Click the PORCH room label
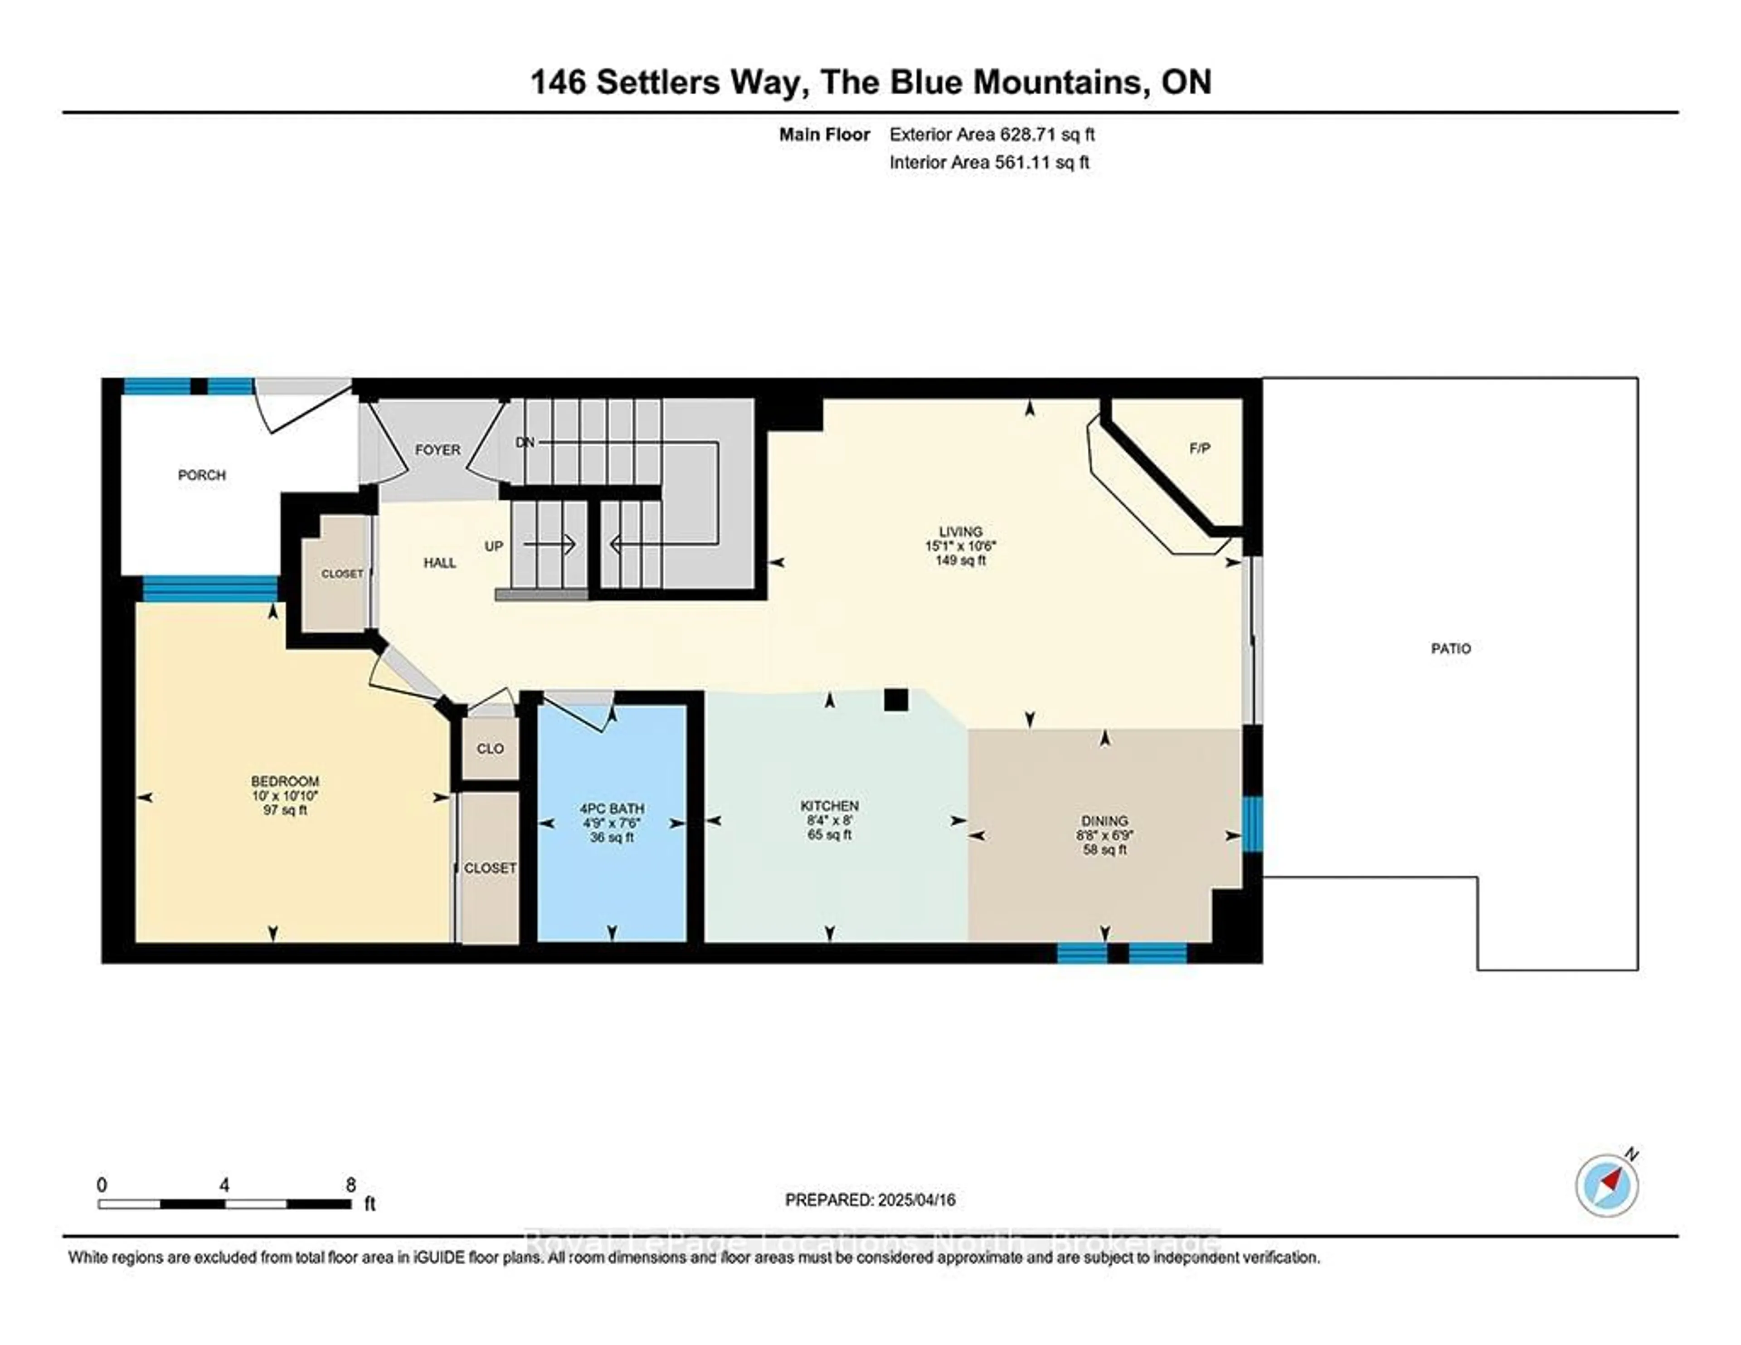pyautogui.click(x=202, y=475)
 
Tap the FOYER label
pyautogui.click(x=438, y=450)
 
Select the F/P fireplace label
pyautogui.click(x=1200, y=448)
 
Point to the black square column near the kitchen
pyautogui.click(x=896, y=700)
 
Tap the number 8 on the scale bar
pyautogui.click(x=351, y=1185)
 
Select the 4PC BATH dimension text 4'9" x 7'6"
pyautogui.click(x=612, y=823)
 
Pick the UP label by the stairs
pyautogui.click(x=494, y=546)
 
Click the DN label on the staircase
pyautogui.click(x=525, y=442)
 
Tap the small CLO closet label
pyautogui.click(x=490, y=749)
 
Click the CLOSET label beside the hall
pyautogui.click(x=342, y=574)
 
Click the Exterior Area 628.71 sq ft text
pyautogui.click(x=992, y=135)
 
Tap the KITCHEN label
pyautogui.click(x=830, y=806)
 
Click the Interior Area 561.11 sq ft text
pyautogui.click(x=989, y=163)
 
